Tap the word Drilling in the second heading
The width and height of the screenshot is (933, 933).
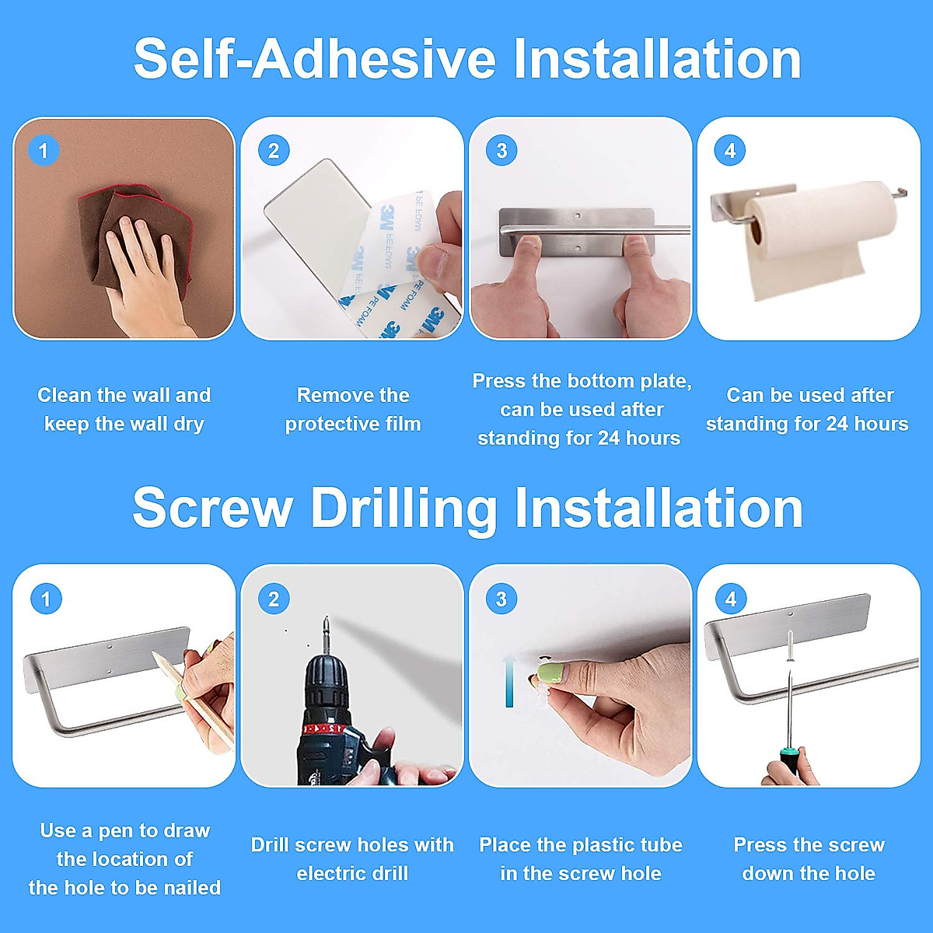(x=404, y=508)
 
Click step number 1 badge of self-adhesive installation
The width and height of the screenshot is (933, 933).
(x=44, y=150)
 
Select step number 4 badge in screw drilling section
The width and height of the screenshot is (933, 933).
(x=730, y=599)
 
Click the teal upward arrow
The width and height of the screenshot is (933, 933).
(x=509, y=680)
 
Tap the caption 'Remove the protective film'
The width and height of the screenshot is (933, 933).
(x=353, y=409)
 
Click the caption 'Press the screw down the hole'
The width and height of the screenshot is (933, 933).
(x=809, y=859)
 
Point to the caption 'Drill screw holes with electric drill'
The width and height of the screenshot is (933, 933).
(x=352, y=859)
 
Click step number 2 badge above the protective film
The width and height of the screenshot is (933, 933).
(x=273, y=150)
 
